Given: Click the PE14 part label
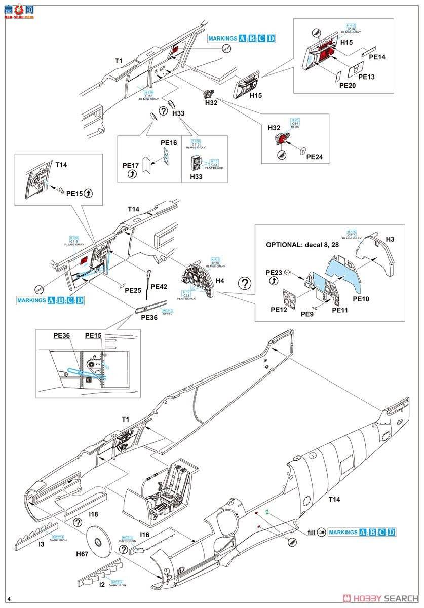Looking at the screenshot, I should click(377, 57).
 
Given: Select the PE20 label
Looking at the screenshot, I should click(348, 86).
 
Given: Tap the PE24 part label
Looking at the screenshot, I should click(314, 157).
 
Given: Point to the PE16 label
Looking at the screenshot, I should click(169, 143).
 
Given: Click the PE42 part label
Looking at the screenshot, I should click(159, 286).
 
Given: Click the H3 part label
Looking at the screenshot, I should click(390, 239).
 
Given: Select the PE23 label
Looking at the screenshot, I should click(274, 272).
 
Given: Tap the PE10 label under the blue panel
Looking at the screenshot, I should click(361, 299).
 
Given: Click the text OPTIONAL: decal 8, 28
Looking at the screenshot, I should click(302, 245).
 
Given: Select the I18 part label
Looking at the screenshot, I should click(93, 514).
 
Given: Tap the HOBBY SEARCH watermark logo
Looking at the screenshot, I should click(380, 598).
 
